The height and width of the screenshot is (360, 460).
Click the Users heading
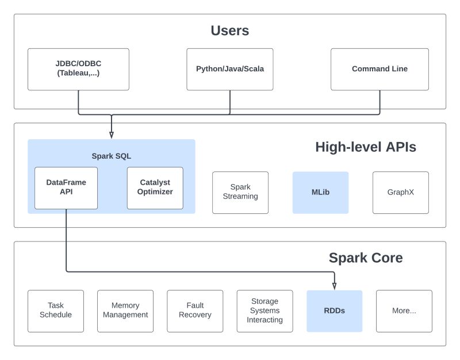click(x=229, y=30)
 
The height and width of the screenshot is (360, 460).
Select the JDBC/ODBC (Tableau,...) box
click(x=78, y=69)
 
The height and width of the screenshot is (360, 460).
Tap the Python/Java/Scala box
click(x=230, y=69)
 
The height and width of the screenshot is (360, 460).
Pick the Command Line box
click(x=379, y=69)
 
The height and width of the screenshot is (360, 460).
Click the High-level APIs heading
click(x=365, y=147)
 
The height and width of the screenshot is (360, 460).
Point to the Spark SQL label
click(x=112, y=156)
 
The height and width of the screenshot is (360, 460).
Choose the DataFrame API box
click(x=66, y=187)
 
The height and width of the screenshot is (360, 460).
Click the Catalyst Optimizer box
click(x=155, y=187)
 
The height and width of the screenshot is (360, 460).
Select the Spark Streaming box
click(x=240, y=192)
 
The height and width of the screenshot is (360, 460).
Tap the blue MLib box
click(x=320, y=192)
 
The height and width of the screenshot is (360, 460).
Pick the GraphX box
click(x=400, y=192)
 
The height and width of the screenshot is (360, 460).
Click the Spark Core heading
click(x=365, y=258)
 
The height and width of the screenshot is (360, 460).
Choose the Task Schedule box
click(x=56, y=311)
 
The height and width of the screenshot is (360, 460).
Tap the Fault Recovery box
click(x=195, y=311)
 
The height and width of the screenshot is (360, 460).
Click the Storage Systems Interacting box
click(x=264, y=311)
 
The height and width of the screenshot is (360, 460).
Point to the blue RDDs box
click(x=334, y=311)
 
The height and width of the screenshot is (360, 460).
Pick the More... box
click(x=404, y=311)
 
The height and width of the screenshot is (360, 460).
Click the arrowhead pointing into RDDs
click(x=334, y=286)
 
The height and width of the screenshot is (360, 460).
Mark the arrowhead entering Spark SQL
click(x=112, y=135)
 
